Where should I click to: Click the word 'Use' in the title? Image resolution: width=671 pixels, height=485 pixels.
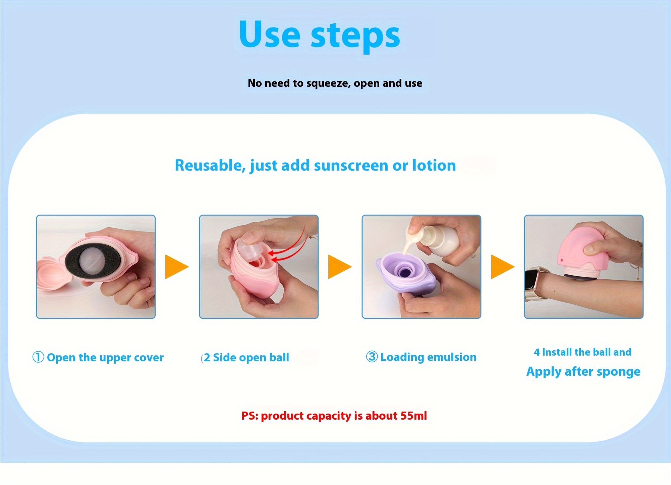coord(269,35)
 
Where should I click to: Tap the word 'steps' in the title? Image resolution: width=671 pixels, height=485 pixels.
coord(355,36)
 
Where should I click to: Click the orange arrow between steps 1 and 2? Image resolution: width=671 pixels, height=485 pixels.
coord(176,267)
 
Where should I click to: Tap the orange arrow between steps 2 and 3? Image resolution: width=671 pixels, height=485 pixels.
coord(339,267)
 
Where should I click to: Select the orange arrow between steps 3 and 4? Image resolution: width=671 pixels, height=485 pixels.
coord(502,267)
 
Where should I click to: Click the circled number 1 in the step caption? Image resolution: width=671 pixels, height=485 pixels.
coord(38,357)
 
